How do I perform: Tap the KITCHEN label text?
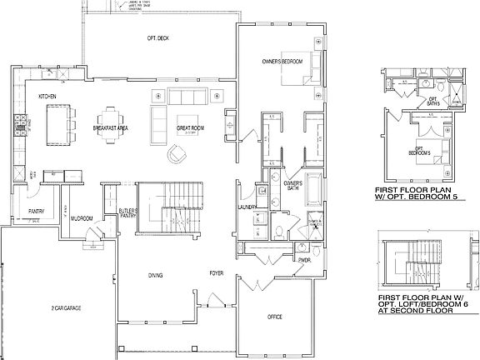(x=47, y=97)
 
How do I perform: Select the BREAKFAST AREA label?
(x=109, y=128)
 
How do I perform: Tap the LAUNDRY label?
(x=245, y=207)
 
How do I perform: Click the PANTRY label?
(x=36, y=211)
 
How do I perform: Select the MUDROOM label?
(x=82, y=218)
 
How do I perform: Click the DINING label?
(x=156, y=275)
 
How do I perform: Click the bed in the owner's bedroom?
(x=297, y=68)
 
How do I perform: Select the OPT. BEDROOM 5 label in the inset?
(x=428, y=152)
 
